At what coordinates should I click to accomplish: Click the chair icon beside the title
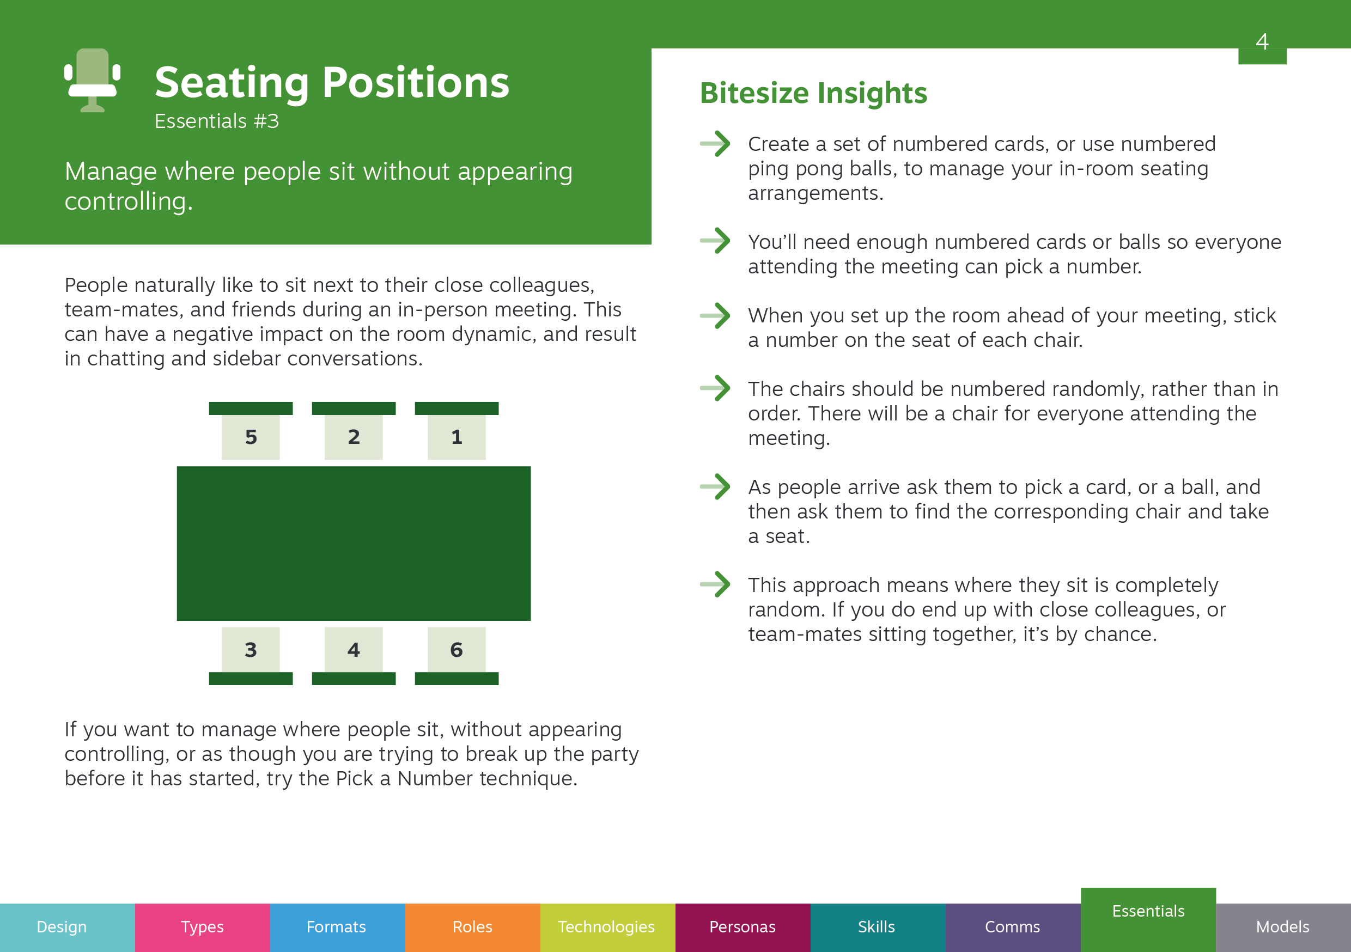pos(93,80)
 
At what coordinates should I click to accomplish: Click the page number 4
pos(1262,41)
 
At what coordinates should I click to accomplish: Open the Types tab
pos(203,927)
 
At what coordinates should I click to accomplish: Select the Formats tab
pos(338,927)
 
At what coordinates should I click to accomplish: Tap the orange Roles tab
pos(472,927)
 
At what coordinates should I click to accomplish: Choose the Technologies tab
pos(608,927)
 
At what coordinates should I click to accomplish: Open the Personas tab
pos(743,927)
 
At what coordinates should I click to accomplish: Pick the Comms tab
pos(1013,927)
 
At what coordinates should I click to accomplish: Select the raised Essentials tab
pos(1148,919)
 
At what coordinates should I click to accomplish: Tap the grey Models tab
pos(1283,927)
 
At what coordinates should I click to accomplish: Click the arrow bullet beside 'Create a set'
pos(715,144)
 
